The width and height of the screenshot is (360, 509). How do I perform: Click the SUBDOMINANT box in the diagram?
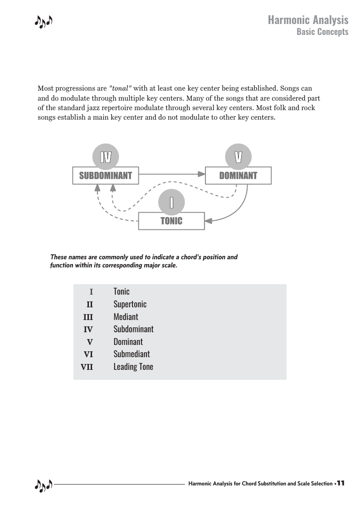tap(105, 175)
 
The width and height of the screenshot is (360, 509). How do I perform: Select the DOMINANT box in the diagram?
tap(238, 175)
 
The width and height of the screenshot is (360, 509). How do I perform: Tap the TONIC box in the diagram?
tap(171, 221)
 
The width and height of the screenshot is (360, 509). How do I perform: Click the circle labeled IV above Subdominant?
tap(105, 156)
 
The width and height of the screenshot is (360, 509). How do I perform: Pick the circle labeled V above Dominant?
tap(238, 156)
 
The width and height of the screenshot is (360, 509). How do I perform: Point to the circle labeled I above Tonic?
tap(171, 202)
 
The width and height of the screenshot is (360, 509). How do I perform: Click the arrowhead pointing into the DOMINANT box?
tap(202, 174)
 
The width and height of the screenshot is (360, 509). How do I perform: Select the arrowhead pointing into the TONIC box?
tap(208, 221)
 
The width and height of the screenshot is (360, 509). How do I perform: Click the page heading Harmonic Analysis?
tap(308, 20)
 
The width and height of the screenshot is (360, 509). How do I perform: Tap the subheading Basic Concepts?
tap(322, 32)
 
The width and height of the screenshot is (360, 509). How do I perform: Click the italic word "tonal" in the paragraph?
tap(120, 88)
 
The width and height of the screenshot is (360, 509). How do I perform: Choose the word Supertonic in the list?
tap(130, 304)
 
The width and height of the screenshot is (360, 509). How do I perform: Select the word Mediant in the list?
tap(126, 316)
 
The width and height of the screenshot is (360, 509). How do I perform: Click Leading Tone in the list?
tap(133, 367)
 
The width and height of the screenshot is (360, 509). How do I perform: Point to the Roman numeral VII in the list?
tap(87, 367)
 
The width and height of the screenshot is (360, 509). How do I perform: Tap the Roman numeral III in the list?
tap(88, 317)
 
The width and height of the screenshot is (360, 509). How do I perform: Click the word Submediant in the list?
tap(131, 354)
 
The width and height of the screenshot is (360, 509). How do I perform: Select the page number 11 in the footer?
tap(341, 483)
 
